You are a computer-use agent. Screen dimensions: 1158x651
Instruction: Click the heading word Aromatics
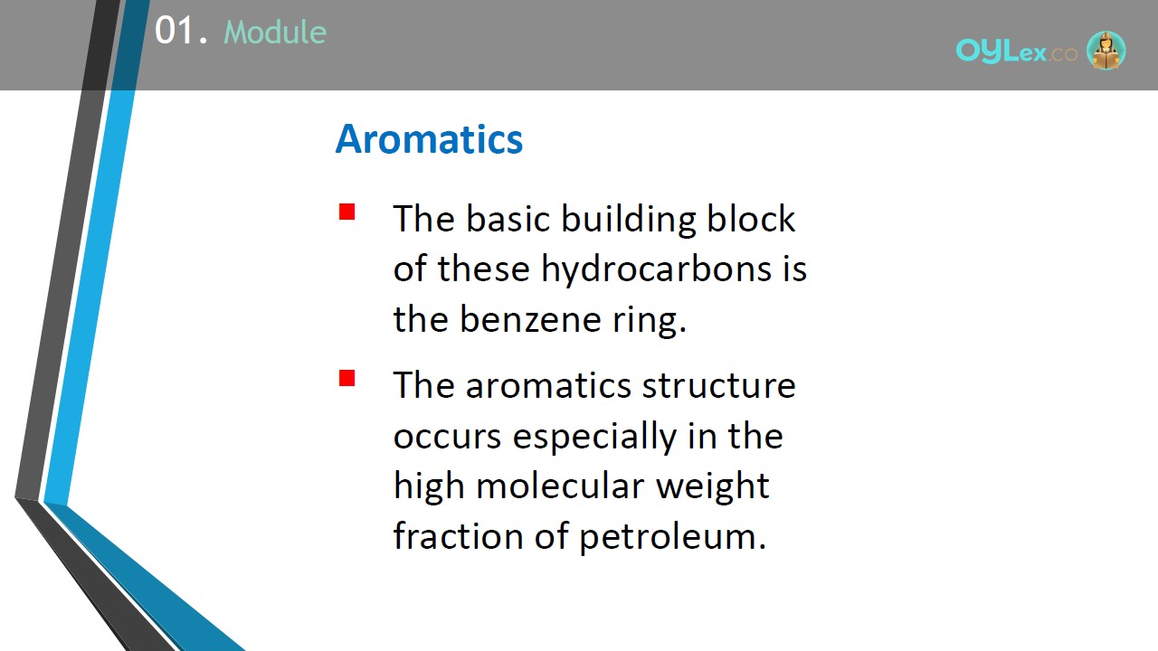click(x=429, y=139)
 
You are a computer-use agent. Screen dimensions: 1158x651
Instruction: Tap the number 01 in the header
click(x=175, y=31)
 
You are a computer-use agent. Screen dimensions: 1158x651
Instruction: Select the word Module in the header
click(x=275, y=32)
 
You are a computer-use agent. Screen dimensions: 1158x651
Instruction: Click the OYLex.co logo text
click(x=1016, y=52)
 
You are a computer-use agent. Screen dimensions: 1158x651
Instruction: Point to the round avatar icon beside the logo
click(x=1106, y=50)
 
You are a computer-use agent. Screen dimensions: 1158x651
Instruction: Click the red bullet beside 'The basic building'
click(x=346, y=212)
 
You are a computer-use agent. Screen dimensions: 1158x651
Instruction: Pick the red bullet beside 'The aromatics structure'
click(x=346, y=378)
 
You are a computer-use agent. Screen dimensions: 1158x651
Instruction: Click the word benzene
click(x=530, y=319)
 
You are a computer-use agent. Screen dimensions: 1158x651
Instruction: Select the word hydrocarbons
click(x=657, y=269)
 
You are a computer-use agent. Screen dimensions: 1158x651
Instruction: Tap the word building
click(x=629, y=220)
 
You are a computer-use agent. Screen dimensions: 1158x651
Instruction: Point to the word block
click(x=751, y=219)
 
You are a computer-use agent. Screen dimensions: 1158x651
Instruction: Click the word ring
click(x=650, y=321)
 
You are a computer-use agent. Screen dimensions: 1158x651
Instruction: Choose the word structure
click(x=718, y=385)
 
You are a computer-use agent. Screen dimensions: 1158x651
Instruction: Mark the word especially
click(x=594, y=437)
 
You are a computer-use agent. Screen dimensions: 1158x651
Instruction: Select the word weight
click(x=713, y=487)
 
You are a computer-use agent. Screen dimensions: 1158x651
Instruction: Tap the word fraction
click(x=458, y=535)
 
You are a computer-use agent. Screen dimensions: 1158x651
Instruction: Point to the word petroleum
click(x=672, y=537)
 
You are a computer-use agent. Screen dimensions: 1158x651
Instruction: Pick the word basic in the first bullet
click(x=508, y=219)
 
